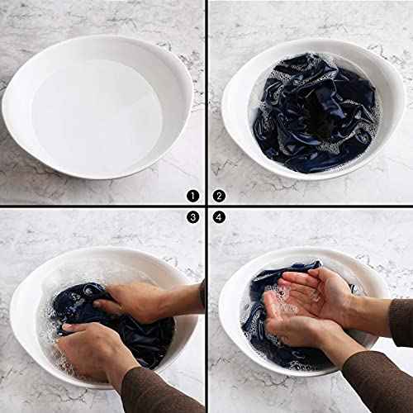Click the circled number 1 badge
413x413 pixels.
(192, 196)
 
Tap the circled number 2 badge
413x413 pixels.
(219, 196)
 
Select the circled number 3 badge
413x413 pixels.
(192, 217)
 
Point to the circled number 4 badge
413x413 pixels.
(219, 217)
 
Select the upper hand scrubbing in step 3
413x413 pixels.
(132, 301)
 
